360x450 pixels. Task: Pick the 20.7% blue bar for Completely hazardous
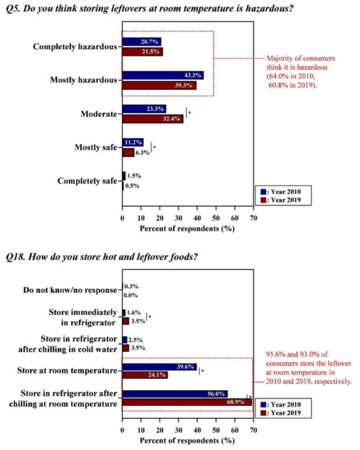click(142, 41)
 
